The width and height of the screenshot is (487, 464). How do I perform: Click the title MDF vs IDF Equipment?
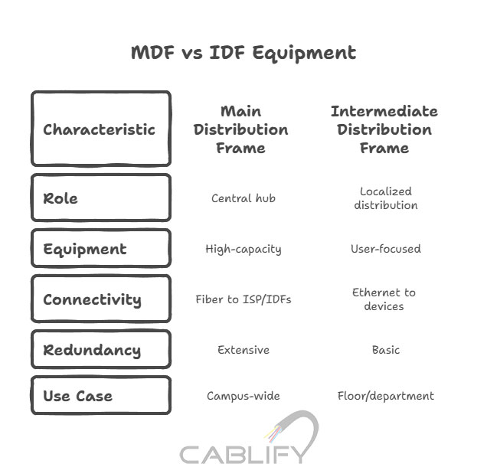(x=243, y=53)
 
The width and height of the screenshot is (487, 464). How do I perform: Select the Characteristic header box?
(x=101, y=129)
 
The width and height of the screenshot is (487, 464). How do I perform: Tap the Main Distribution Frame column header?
(x=240, y=129)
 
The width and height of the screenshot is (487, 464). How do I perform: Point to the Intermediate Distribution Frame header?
(x=384, y=129)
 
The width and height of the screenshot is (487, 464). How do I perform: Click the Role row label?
(x=101, y=198)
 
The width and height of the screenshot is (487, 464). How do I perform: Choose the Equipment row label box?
(x=101, y=248)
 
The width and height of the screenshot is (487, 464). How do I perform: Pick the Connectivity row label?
(x=101, y=299)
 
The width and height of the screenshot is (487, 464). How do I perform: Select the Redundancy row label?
(x=101, y=349)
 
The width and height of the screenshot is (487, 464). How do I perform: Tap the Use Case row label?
(x=101, y=395)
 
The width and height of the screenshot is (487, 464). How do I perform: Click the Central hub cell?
(x=243, y=198)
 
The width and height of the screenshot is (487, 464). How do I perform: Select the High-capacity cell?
(x=243, y=249)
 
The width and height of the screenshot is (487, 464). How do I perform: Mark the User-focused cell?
(x=386, y=248)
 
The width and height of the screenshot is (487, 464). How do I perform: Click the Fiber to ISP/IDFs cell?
(x=243, y=299)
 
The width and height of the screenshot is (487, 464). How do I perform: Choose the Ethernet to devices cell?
(x=384, y=299)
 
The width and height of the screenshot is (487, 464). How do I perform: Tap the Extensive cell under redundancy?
(x=243, y=350)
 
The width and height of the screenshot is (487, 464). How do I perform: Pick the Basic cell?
(x=386, y=350)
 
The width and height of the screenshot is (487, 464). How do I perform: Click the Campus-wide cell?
(x=243, y=397)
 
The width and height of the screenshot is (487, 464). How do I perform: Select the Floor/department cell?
(x=386, y=397)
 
